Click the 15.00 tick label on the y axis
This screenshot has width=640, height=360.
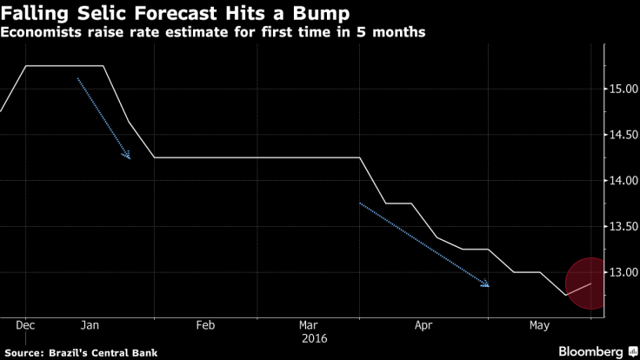620,88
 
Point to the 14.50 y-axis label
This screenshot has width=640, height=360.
620,134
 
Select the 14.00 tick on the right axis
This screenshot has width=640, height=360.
620,180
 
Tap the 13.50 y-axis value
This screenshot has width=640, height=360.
620,226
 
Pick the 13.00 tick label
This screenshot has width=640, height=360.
620,272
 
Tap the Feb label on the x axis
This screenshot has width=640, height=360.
204,325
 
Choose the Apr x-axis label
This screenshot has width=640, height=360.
423,325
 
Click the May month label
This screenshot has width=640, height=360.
538,325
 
